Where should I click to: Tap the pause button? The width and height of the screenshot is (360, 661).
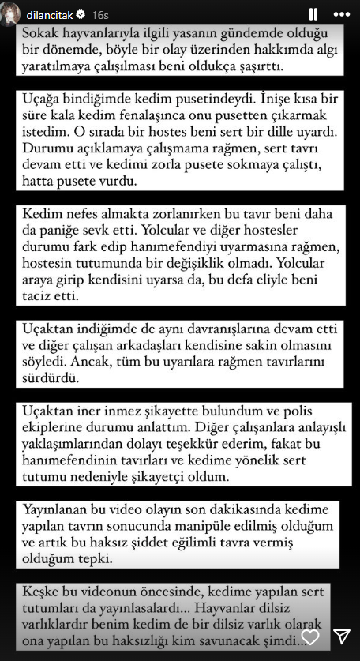[313, 13]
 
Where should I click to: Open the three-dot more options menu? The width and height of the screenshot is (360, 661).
[343, 13]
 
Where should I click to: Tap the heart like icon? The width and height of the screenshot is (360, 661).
[311, 637]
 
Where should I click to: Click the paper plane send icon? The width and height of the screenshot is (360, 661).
[342, 637]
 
